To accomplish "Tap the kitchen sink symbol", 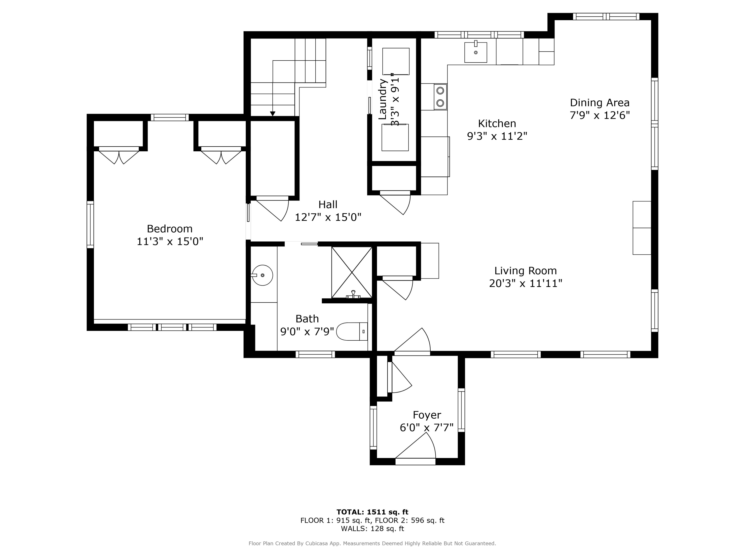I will (x=475, y=52).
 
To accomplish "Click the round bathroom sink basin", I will (x=262, y=275).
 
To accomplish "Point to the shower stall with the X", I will (x=352, y=272).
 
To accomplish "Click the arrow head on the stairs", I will (x=272, y=114).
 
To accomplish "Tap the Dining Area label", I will (x=599, y=102).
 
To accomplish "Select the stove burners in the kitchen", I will (x=440, y=97).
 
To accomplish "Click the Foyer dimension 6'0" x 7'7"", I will (x=426, y=428).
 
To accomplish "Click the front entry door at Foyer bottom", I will (x=415, y=461).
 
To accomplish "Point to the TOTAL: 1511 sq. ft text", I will (x=372, y=512).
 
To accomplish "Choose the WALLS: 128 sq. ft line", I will (x=372, y=529).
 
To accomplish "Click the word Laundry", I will (x=382, y=99).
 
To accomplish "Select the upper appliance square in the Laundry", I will (x=396, y=61).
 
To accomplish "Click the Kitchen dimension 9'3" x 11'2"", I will (x=497, y=136).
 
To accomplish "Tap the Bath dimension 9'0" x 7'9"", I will (x=307, y=332).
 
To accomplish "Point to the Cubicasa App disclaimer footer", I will (x=372, y=543).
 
